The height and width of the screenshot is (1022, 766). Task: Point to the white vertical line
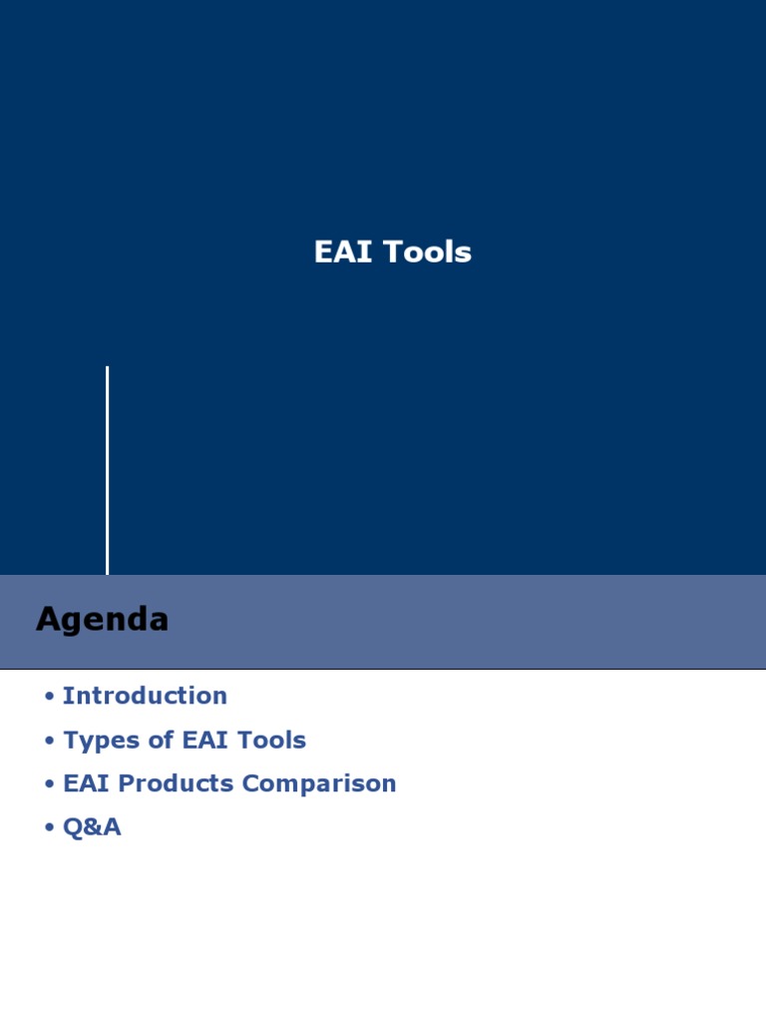pyautogui.click(x=107, y=469)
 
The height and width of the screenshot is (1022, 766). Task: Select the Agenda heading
pyautogui.click(x=102, y=620)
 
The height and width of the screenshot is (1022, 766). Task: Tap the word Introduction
pyautogui.click(x=145, y=696)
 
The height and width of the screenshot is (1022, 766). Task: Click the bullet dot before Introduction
pyautogui.click(x=49, y=697)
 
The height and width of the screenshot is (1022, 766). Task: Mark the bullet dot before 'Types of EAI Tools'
pyautogui.click(x=49, y=742)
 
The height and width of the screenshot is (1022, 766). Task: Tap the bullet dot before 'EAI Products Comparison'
pyautogui.click(x=49, y=784)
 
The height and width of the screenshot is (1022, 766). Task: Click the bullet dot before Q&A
pyautogui.click(x=49, y=828)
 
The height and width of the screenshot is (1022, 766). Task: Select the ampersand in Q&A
pyautogui.click(x=92, y=827)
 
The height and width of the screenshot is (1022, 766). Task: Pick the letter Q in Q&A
pyautogui.click(x=73, y=827)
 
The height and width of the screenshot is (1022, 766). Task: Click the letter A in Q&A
pyautogui.click(x=112, y=827)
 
